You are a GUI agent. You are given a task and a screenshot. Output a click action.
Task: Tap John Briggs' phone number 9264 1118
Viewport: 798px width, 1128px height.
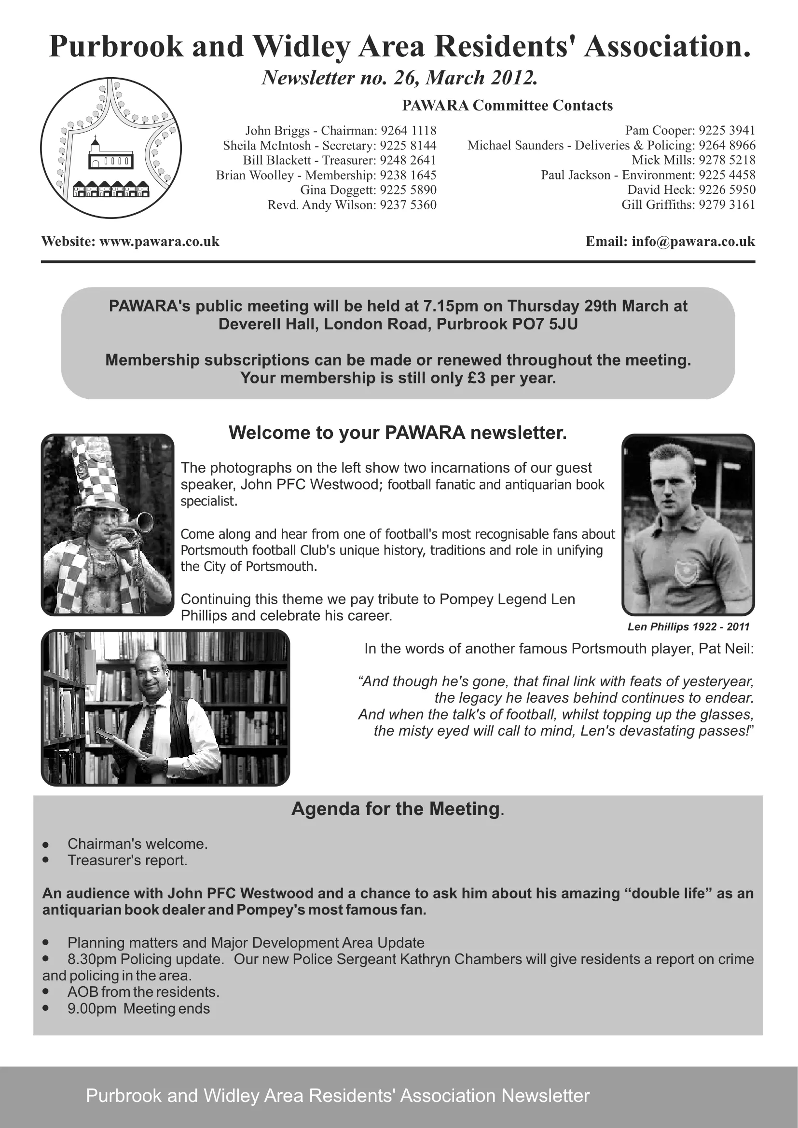coord(408,131)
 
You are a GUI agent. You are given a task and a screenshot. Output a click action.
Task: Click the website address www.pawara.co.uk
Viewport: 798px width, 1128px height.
coord(159,242)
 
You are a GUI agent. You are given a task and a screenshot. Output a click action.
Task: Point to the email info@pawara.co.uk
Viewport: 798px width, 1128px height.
coord(693,242)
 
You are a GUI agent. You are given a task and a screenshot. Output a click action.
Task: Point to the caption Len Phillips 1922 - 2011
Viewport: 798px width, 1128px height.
coord(688,627)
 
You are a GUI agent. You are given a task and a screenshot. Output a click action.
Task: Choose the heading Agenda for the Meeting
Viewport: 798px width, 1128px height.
coord(396,809)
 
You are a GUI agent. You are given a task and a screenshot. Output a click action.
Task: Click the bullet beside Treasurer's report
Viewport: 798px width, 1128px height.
coord(46,860)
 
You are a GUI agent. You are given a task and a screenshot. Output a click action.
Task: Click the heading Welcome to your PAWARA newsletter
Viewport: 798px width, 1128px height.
coord(398,433)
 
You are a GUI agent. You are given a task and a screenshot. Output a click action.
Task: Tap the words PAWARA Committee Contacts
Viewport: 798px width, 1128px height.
coord(507,106)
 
